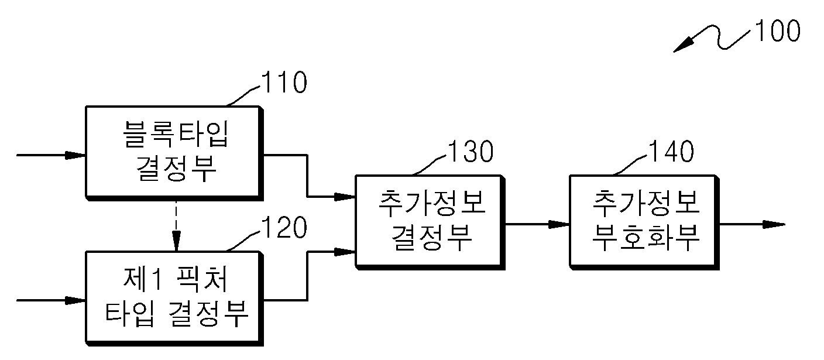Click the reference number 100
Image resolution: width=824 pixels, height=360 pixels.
(x=778, y=30)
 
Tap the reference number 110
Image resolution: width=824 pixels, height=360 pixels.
(x=284, y=82)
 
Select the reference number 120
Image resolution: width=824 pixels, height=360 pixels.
(x=284, y=228)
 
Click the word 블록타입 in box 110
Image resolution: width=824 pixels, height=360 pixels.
(x=176, y=135)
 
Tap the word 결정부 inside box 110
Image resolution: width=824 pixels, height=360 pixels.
(x=176, y=168)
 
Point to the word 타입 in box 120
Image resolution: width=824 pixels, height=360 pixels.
(x=129, y=313)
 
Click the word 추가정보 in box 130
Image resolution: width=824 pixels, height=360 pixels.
(x=432, y=203)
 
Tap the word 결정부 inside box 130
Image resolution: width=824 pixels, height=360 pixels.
(x=431, y=236)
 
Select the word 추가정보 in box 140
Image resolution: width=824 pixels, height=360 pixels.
(x=646, y=203)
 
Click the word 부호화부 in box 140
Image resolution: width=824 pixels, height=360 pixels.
(x=646, y=236)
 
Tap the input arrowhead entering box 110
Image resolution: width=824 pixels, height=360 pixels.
(x=75, y=155)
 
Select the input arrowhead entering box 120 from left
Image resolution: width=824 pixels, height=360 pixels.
(x=75, y=300)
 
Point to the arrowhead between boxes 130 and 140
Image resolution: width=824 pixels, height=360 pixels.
(x=559, y=224)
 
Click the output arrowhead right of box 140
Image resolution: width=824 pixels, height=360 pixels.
(x=774, y=224)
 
